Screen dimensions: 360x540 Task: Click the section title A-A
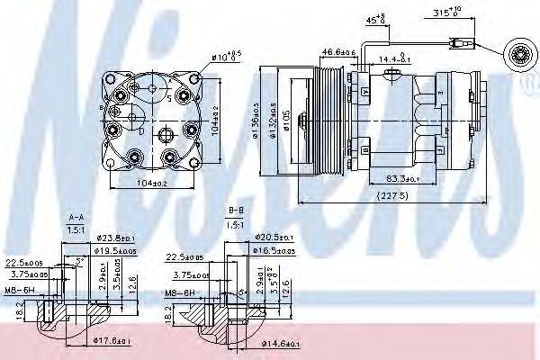[x=76, y=217]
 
